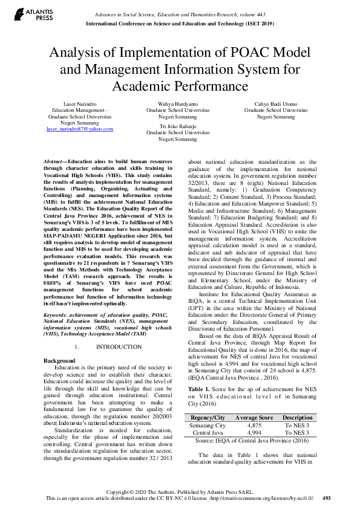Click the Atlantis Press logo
(25, 15)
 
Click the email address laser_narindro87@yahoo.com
(79, 129)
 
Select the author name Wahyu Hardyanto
(180, 105)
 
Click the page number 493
(327, 498)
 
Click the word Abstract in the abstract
(54, 163)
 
